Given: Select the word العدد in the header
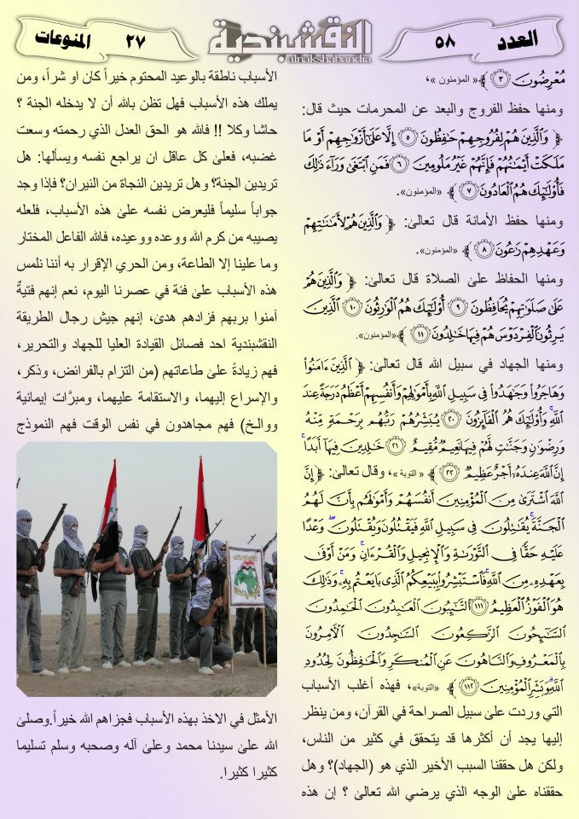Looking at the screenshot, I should tap(517, 39).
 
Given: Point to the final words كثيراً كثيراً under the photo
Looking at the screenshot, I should tap(248, 774).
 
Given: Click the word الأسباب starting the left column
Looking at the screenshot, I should tap(255, 78).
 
